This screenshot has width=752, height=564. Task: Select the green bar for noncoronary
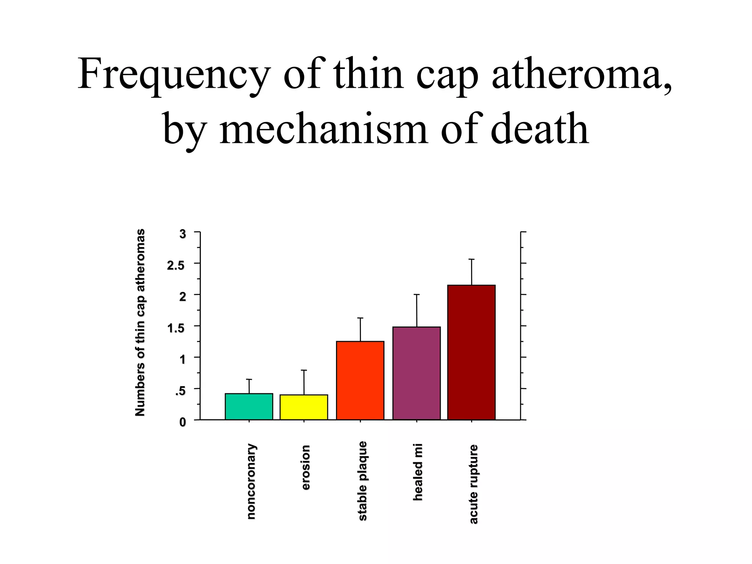click(249, 406)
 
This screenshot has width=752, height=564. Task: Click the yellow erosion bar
click(304, 407)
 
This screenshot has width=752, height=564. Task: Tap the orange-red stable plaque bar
click(360, 380)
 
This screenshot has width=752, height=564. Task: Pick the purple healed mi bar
click(416, 373)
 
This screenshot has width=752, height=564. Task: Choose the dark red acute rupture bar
click(471, 352)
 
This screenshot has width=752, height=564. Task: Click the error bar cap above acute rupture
click(471, 259)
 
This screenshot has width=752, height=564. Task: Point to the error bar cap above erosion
click(304, 370)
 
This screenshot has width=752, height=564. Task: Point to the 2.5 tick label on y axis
click(176, 265)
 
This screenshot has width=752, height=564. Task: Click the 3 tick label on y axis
click(182, 234)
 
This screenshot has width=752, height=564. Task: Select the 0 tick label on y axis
click(182, 422)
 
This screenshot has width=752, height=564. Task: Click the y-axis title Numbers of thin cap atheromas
click(140, 323)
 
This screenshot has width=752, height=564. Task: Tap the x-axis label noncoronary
click(251, 481)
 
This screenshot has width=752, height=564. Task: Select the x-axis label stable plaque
click(362, 481)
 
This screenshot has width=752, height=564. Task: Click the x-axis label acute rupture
click(474, 484)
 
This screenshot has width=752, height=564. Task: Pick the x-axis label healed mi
click(418, 472)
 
